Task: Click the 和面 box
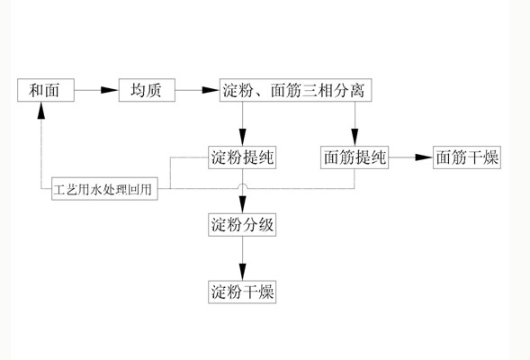46,90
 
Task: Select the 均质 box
147,90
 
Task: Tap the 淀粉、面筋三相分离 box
295,90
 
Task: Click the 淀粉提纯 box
242,157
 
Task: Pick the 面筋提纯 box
355,157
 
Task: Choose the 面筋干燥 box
467,157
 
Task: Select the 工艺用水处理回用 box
104,189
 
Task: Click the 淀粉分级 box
242,224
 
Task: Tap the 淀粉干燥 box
242,292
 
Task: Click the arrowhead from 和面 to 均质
110,90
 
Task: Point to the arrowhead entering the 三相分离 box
211,90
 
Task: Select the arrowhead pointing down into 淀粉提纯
242,137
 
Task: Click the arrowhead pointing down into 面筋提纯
355,137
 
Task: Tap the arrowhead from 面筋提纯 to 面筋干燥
425,157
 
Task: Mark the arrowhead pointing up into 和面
41,110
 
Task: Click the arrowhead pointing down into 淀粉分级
242,204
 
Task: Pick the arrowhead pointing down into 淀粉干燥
242,272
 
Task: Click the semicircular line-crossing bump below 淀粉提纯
242,184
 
